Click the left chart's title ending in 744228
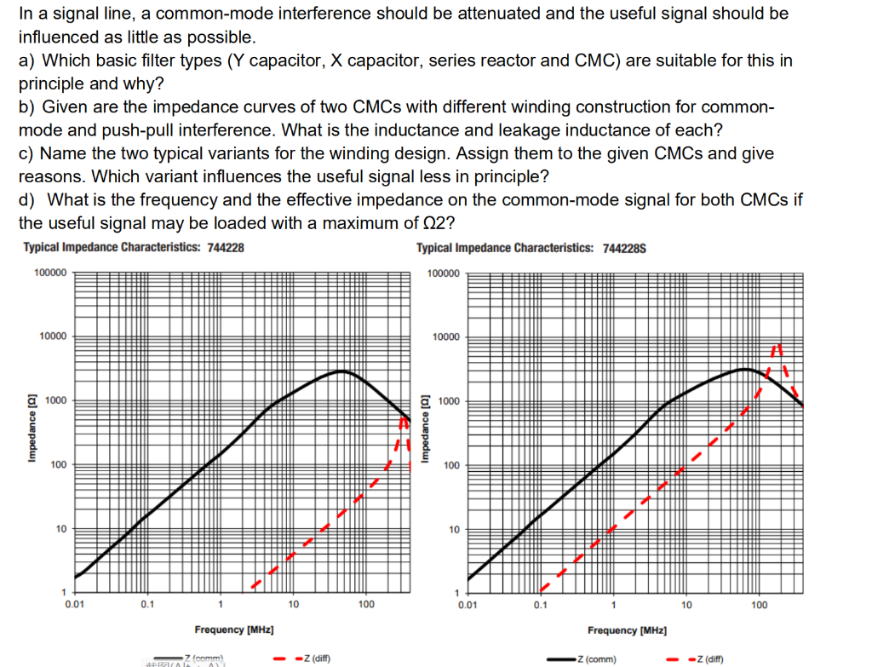pos(134,247)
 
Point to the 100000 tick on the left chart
pos(52,273)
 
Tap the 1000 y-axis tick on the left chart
pos(57,400)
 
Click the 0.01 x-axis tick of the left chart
pos(74,605)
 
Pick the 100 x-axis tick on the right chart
pos(760,605)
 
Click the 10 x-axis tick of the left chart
pos(293,605)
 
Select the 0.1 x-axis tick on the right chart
pos(541,605)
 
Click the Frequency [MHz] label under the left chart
pos(233,630)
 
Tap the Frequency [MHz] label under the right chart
pos(627,630)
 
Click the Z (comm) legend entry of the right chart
pos(596,658)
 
